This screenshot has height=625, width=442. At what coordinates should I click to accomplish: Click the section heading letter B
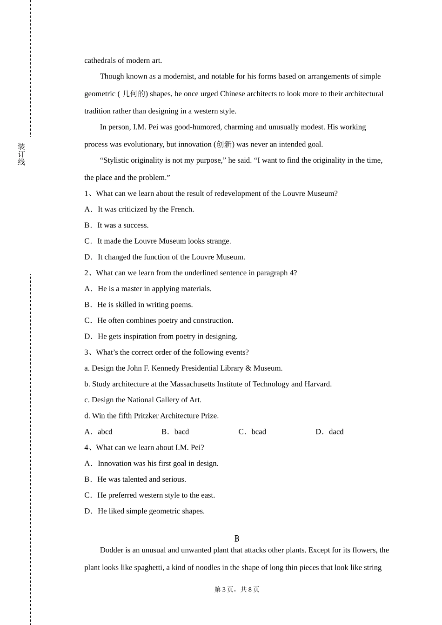(237, 539)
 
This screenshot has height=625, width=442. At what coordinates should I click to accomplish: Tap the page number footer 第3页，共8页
(237, 589)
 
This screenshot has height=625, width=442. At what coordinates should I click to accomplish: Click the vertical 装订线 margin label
(21, 154)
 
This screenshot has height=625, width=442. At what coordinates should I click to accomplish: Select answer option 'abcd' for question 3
(105, 432)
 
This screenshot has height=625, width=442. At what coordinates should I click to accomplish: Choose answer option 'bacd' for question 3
(181, 432)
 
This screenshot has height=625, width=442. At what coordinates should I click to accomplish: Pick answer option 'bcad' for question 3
(259, 432)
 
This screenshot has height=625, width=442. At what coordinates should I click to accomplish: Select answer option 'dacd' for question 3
(336, 432)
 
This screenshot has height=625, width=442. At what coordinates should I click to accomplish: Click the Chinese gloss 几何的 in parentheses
(134, 94)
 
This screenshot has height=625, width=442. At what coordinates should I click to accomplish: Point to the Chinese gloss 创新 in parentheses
(224, 145)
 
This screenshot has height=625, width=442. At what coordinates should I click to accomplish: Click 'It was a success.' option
(123, 225)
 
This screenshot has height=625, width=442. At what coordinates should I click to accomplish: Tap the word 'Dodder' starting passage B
(111, 550)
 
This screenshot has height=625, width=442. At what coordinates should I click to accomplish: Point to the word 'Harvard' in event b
(317, 384)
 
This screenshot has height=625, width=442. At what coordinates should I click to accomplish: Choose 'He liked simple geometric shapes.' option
(151, 511)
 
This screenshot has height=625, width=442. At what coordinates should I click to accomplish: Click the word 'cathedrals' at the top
(100, 60)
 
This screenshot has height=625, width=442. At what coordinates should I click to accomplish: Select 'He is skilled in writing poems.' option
(145, 305)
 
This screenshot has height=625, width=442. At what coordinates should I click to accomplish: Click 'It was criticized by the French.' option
(146, 209)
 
